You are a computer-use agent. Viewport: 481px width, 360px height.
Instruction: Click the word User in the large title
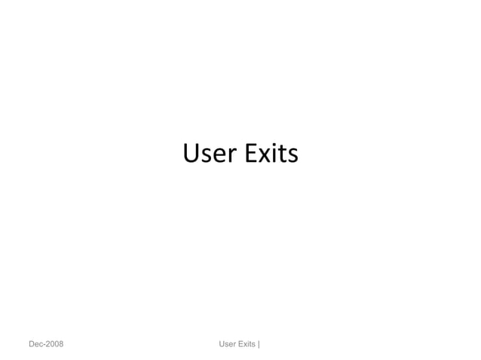click(210, 154)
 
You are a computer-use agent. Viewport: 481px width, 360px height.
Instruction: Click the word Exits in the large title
click(271, 154)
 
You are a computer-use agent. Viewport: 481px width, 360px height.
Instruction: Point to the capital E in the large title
click(250, 154)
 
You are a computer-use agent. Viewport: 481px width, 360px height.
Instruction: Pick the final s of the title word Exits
click(293, 156)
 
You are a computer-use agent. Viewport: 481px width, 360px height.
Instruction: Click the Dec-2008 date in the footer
click(46, 345)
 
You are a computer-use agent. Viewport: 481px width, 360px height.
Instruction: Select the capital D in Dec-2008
click(32, 345)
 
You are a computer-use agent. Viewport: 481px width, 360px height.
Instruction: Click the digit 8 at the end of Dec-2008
click(60, 345)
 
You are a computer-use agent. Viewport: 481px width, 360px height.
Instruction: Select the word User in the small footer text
click(226, 345)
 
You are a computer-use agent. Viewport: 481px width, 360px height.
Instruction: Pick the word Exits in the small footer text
click(247, 345)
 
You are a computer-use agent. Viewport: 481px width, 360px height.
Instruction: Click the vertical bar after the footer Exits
click(259, 345)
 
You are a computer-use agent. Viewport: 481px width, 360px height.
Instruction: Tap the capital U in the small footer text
click(221, 345)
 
